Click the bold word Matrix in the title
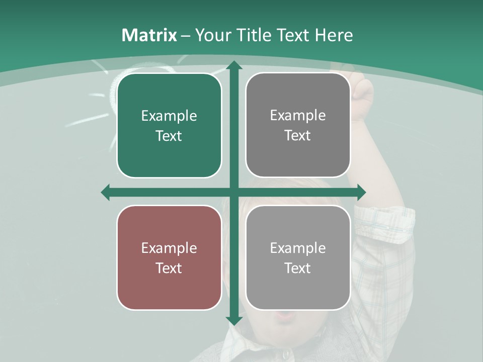[x=149, y=35]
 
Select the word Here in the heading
[x=334, y=35]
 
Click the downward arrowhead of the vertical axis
[x=233, y=320]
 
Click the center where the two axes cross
[x=233, y=192]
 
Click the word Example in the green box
[x=169, y=116]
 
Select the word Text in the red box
[x=169, y=268]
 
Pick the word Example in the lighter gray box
[x=298, y=248]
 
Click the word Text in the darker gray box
[x=298, y=136]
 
